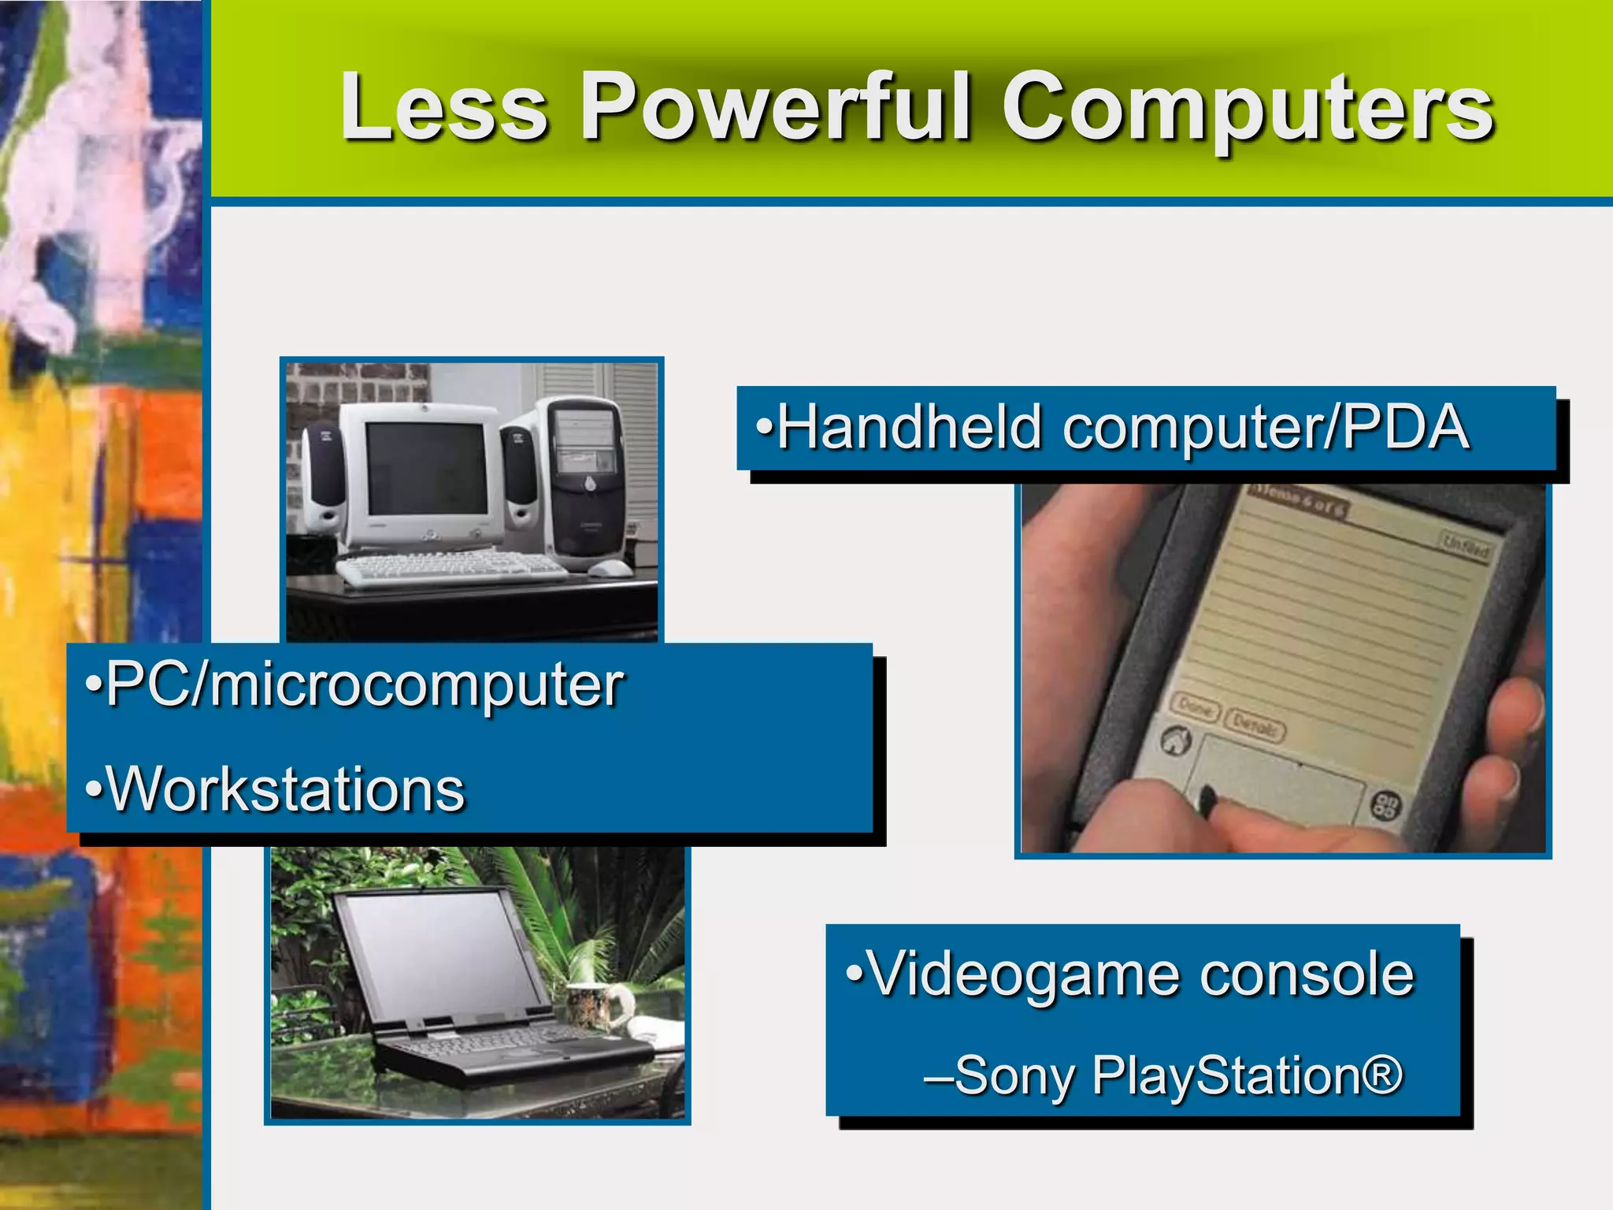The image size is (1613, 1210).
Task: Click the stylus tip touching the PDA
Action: (x=1206, y=801)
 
